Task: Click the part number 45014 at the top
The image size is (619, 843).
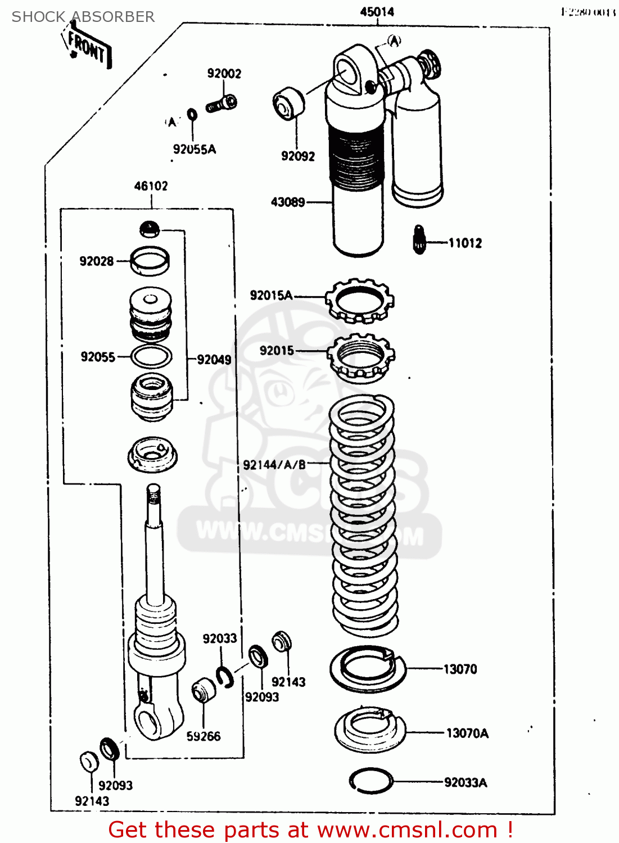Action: pyautogui.click(x=377, y=12)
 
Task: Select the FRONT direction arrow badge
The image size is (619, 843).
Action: pyautogui.click(x=87, y=47)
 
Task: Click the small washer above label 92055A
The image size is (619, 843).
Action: pyautogui.click(x=192, y=115)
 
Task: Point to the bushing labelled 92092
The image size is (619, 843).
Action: pyautogui.click(x=288, y=103)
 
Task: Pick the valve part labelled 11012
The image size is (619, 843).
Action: pyautogui.click(x=419, y=240)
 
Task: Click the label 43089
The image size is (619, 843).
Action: pyautogui.click(x=288, y=202)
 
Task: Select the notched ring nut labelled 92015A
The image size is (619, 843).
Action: pyautogui.click(x=359, y=301)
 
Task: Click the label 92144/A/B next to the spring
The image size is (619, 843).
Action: pyautogui.click(x=274, y=465)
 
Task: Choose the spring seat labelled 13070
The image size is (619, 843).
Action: pyautogui.click(x=368, y=669)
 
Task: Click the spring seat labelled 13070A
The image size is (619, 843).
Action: pyautogui.click(x=369, y=729)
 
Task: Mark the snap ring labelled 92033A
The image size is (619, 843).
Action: pyautogui.click(x=371, y=781)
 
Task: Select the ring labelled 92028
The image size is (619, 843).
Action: pyautogui.click(x=150, y=261)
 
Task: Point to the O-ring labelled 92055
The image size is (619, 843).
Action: pyautogui.click(x=151, y=356)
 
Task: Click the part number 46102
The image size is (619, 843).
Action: pyautogui.click(x=151, y=186)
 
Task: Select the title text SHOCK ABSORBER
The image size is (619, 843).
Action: pyautogui.click(x=83, y=17)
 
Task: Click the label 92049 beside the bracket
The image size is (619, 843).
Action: pyautogui.click(x=214, y=360)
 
